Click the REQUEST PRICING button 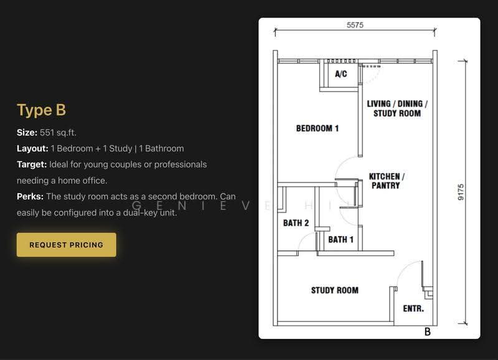tap(67, 245)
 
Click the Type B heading tap(41, 110)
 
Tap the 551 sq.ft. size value tap(58, 133)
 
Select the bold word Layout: tap(32, 148)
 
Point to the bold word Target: tap(32, 164)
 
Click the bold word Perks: tap(30, 196)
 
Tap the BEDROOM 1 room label tap(317, 128)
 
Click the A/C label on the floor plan tap(341, 74)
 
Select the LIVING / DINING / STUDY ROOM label tap(397, 108)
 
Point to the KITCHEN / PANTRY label tap(387, 181)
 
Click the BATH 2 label tap(296, 223)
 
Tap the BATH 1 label tap(341, 240)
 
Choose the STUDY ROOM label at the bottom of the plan tap(335, 290)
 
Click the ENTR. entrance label tap(413, 308)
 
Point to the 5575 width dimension tap(355, 25)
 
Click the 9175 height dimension tap(461, 192)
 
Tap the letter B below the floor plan tap(428, 332)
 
